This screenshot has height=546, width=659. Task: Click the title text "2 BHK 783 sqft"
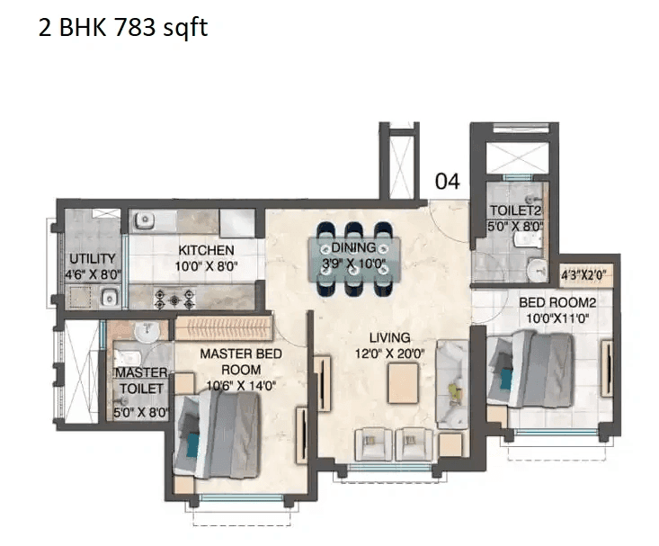point(122,28)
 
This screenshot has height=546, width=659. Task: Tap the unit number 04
point(447,182)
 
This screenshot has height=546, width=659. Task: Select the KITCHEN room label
point(206,250)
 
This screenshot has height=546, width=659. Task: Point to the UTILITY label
point(92,259)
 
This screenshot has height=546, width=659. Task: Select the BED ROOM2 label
point(557,303)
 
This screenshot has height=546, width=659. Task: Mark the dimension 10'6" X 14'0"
point(240,385)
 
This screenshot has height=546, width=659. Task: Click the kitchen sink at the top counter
point(144,219)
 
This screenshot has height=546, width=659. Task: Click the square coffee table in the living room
point(405,385)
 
